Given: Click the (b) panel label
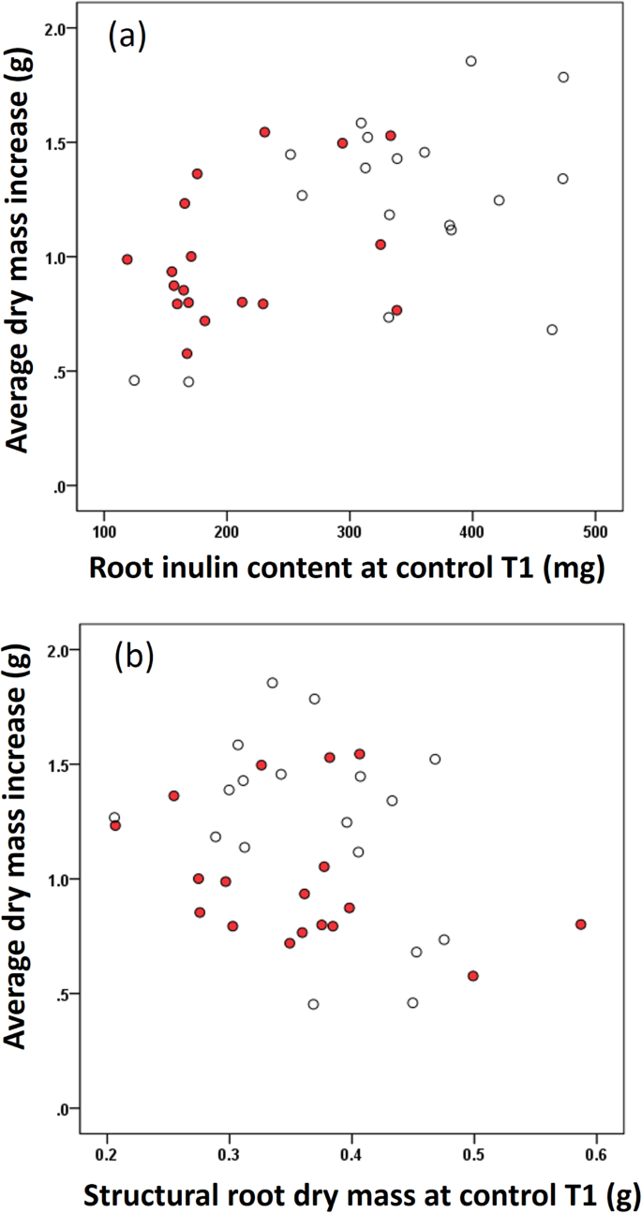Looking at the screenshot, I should (x=133, y=657).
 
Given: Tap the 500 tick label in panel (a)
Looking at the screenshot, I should (x=594, y=532).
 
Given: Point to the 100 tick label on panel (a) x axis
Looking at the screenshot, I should (x=103, y=532).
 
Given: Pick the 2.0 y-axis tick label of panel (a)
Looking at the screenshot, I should (x=59, y=28).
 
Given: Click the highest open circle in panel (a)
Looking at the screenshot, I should (x=470, y=61).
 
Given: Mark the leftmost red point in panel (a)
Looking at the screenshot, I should (x=127, y=259).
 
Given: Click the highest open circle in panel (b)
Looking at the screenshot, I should (x=272, y=683).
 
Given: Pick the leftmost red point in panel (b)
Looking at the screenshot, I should (x=115, y=825).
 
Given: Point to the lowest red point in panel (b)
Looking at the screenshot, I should (x=473, y=975).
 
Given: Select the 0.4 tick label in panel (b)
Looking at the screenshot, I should (x=351, y=1150).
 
